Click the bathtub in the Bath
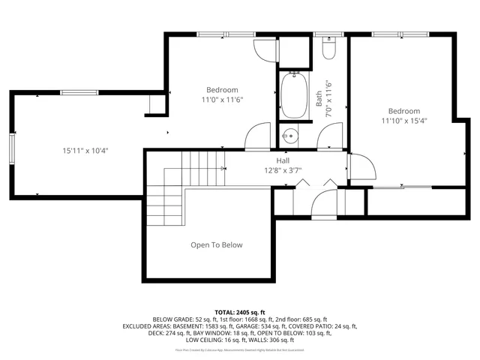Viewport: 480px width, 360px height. click(294, 96)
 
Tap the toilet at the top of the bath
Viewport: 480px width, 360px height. click(327, 49)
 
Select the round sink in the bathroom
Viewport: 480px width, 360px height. click(291, 136)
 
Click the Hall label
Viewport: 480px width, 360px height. click(283, 161)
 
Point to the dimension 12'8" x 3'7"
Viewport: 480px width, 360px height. click(283, 171)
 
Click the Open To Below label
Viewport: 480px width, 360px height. click(216, 245)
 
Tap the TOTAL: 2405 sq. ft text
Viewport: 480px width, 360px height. click(240, 311)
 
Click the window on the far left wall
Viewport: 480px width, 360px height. click(11, 147)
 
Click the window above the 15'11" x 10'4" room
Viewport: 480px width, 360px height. click(79, 92)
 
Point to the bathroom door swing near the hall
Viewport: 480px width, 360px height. click(328, 136)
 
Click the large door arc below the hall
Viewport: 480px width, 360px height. click(324, 200)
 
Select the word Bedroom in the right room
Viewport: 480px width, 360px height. click(403, 110)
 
